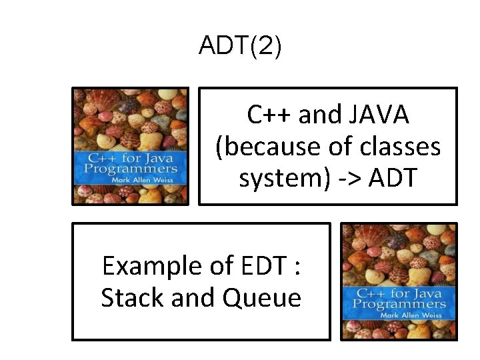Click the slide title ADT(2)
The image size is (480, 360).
tap(240, 47)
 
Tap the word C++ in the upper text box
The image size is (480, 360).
tap(269, 115)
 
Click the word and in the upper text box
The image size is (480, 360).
tap(319, 115)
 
